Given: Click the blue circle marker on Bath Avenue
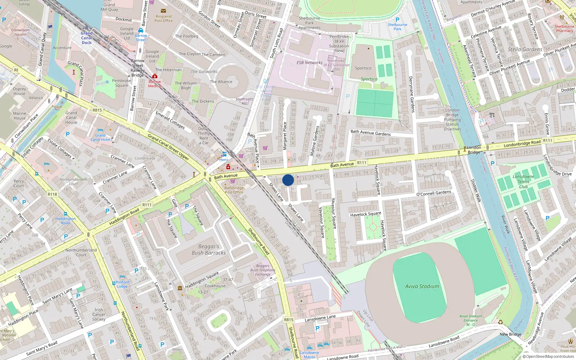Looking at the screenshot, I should tap(288, 180).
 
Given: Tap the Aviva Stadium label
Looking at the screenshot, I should tap(422, 287).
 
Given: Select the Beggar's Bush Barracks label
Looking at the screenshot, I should tap(208, 250).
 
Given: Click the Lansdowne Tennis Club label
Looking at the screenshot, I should tap(523, 181).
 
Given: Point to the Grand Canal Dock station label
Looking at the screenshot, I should tap(86, 38).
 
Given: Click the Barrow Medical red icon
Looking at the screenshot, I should tap(155, 76).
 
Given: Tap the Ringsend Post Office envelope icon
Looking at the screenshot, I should tap(163, 11).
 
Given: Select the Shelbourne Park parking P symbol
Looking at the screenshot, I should tap(397, 20).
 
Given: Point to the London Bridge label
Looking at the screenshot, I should tap(474, 149).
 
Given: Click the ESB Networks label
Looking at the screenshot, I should tap(309, 63).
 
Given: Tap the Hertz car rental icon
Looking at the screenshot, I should tap(224, 154).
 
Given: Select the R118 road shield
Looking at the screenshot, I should tap(52, 194).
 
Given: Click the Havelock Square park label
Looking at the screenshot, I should tap(365, 214).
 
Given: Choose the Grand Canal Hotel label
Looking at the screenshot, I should tap(100, 138).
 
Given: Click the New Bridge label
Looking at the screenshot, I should tap(510, 334).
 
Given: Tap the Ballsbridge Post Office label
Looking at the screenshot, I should tap(234, 190).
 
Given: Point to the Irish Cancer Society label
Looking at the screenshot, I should tap(99, 314).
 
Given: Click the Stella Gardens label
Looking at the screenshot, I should tap(525, 49).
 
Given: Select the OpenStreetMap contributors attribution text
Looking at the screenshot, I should tap(550, 356).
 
